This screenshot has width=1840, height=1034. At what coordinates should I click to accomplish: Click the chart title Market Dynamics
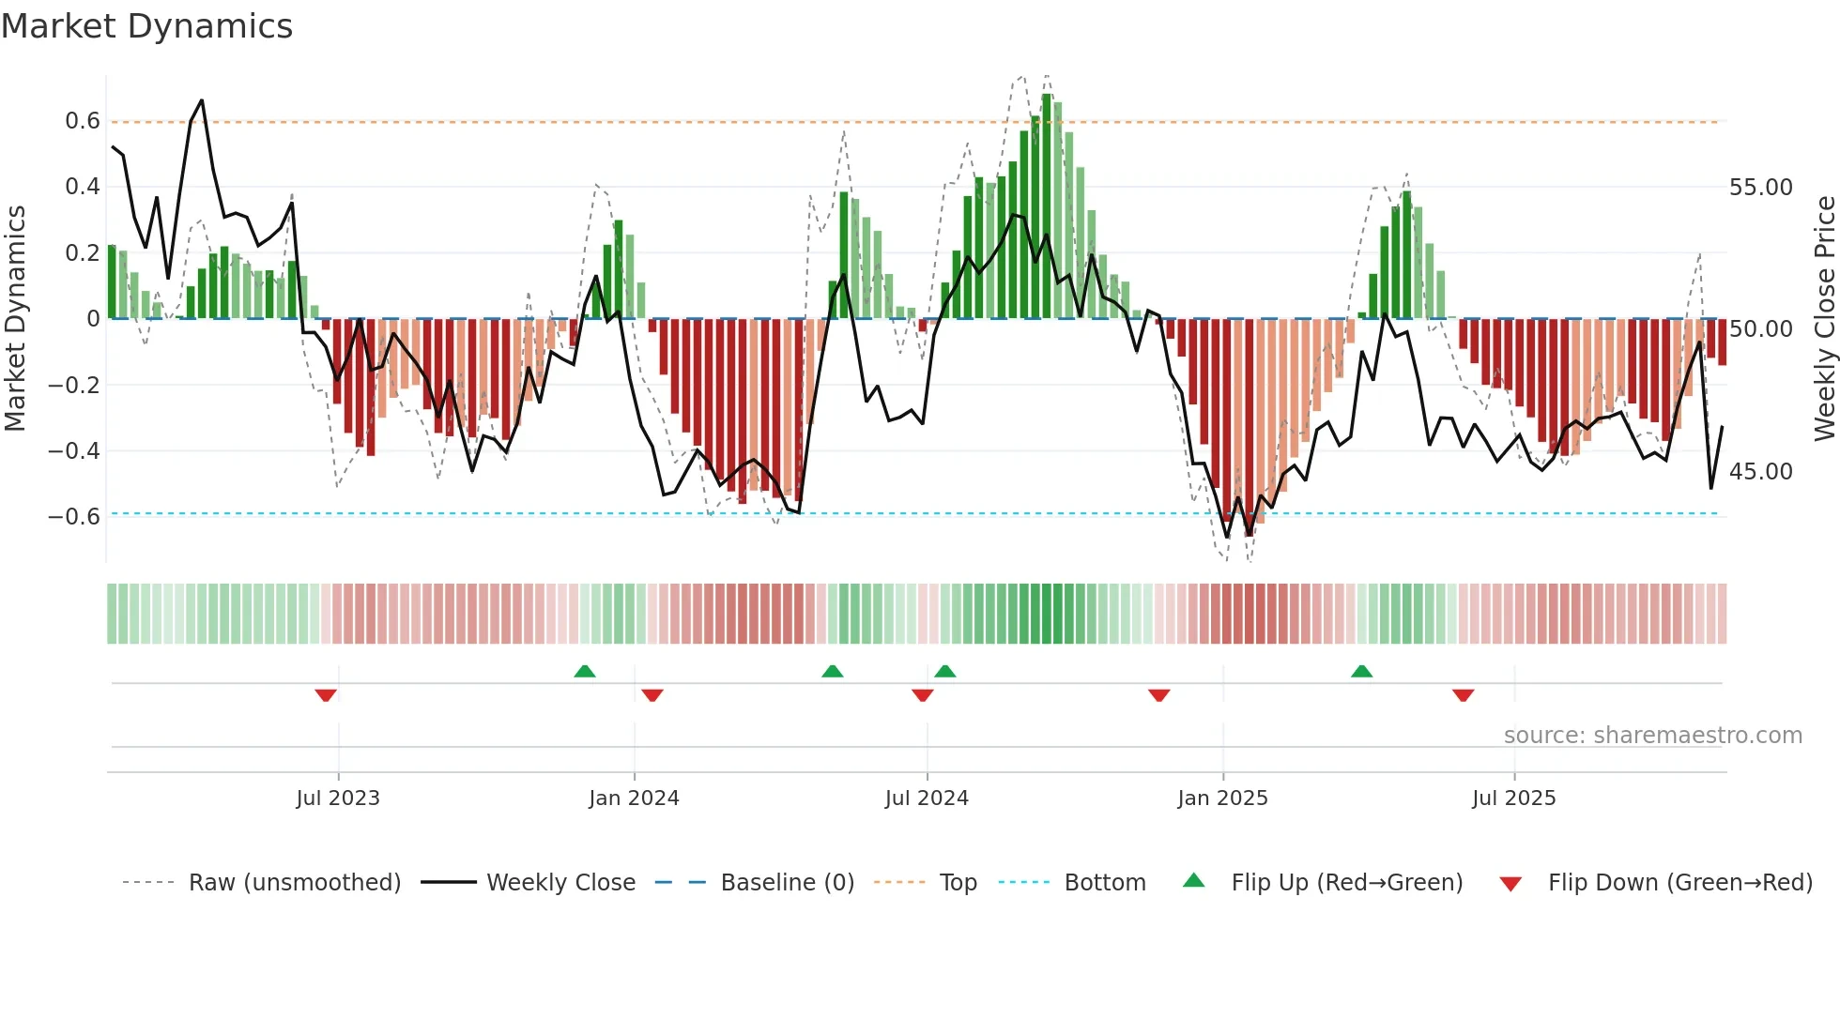146,26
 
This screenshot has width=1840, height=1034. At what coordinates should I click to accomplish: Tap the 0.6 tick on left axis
83,121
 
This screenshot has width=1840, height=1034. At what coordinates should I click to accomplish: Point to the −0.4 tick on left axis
74,451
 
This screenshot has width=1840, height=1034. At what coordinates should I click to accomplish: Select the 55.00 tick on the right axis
1760,188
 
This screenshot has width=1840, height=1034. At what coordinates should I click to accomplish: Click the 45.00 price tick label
1760,472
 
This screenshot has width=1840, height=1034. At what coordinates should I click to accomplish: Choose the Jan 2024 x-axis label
634,798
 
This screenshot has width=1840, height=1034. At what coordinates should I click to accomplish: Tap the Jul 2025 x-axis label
1513,798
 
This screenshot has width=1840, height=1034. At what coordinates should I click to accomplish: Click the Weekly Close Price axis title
1824,319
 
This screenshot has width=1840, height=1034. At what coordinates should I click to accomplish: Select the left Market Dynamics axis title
15,319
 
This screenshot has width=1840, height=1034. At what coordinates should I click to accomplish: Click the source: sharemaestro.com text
1652,736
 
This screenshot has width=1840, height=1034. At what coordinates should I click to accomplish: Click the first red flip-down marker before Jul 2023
326,695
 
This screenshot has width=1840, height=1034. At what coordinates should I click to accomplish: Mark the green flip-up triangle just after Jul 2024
945,671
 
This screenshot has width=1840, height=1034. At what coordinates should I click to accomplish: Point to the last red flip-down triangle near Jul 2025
1463,695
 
